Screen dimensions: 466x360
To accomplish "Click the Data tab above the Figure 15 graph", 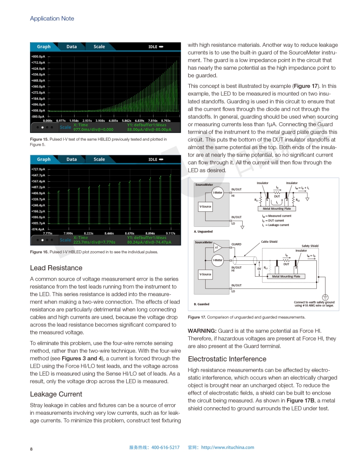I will tap(71, 47).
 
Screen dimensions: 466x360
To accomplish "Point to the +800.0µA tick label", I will tap(38, 56).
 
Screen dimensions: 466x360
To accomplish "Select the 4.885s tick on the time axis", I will tap(113, 120).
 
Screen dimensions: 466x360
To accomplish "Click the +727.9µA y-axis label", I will tap(38, 169).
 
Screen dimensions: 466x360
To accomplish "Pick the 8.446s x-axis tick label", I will tap(109, 233).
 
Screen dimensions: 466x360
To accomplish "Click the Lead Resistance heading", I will tap(56, 268).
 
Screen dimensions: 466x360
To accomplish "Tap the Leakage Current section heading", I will tap(56, 394).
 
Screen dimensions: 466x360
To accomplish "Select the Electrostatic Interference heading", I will tap(227, 359).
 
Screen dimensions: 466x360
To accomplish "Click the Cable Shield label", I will tap(269, 242).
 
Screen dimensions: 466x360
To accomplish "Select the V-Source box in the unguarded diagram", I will tap(205, 207).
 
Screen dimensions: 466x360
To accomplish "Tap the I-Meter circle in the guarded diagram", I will tap(217, 260).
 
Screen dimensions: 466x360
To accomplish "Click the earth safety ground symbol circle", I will tap(326, 297).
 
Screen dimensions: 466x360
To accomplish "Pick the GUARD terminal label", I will tap(236, 244).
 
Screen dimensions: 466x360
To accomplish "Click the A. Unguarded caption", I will tap(203, 231).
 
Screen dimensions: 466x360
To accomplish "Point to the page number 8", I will tap(31, 449).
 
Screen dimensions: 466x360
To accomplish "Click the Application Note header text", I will tap(52, 19).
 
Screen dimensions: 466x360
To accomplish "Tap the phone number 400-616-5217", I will tap(165, 447).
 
